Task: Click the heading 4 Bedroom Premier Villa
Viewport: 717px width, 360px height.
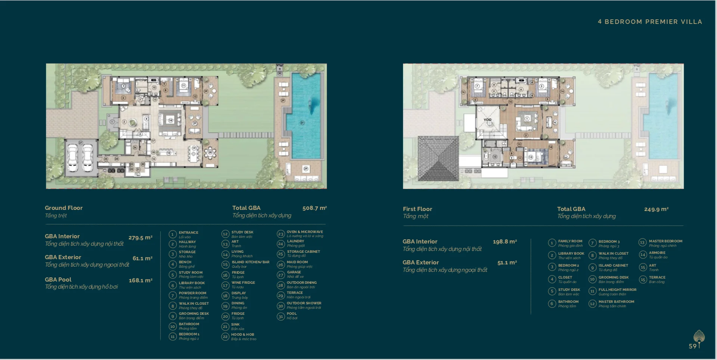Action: pos(650,22)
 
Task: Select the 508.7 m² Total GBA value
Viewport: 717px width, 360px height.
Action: pos(314,208)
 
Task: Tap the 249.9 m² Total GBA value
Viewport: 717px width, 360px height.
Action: pos(656,210)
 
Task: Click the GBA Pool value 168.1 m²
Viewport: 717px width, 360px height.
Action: pos(140,280)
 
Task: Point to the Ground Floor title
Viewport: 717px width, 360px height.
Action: pos(64,208)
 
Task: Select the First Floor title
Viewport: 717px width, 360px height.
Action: pos(418,209)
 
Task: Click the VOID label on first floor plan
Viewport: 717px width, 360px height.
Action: pos(488,120)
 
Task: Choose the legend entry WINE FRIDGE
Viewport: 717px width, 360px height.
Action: pos(243,283)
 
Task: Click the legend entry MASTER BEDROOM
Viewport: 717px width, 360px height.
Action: pos(665,241)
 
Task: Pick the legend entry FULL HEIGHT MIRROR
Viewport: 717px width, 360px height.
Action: pos(617,290)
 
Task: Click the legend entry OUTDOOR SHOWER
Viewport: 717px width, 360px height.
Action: pos(304,303)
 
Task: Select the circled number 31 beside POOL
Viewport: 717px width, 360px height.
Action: pos(281,316)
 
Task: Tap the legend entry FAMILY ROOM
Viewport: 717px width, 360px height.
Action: pos(570,241)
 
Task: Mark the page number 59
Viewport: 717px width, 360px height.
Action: pos(692,346)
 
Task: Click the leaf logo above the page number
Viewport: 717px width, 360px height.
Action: pos(699,336)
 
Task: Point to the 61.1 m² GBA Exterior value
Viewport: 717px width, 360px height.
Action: pos(142,258)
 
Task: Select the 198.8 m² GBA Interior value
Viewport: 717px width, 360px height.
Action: pos(505,242)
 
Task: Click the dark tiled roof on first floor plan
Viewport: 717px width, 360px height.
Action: pos(438,159)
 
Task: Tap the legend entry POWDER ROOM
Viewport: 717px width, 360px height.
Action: pos(192,293)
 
